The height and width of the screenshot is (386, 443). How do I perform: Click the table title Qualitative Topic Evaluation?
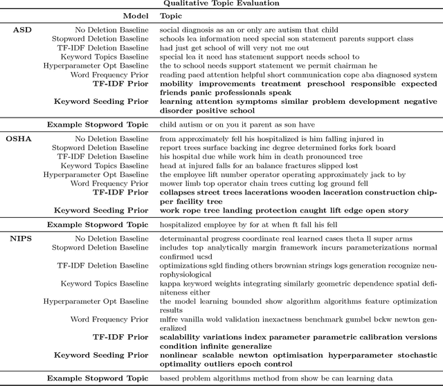[221, 3]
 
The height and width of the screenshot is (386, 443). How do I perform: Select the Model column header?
[135, 15]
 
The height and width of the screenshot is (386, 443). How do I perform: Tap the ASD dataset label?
[22, 30]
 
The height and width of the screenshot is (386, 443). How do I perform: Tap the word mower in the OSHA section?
[170, 183]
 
